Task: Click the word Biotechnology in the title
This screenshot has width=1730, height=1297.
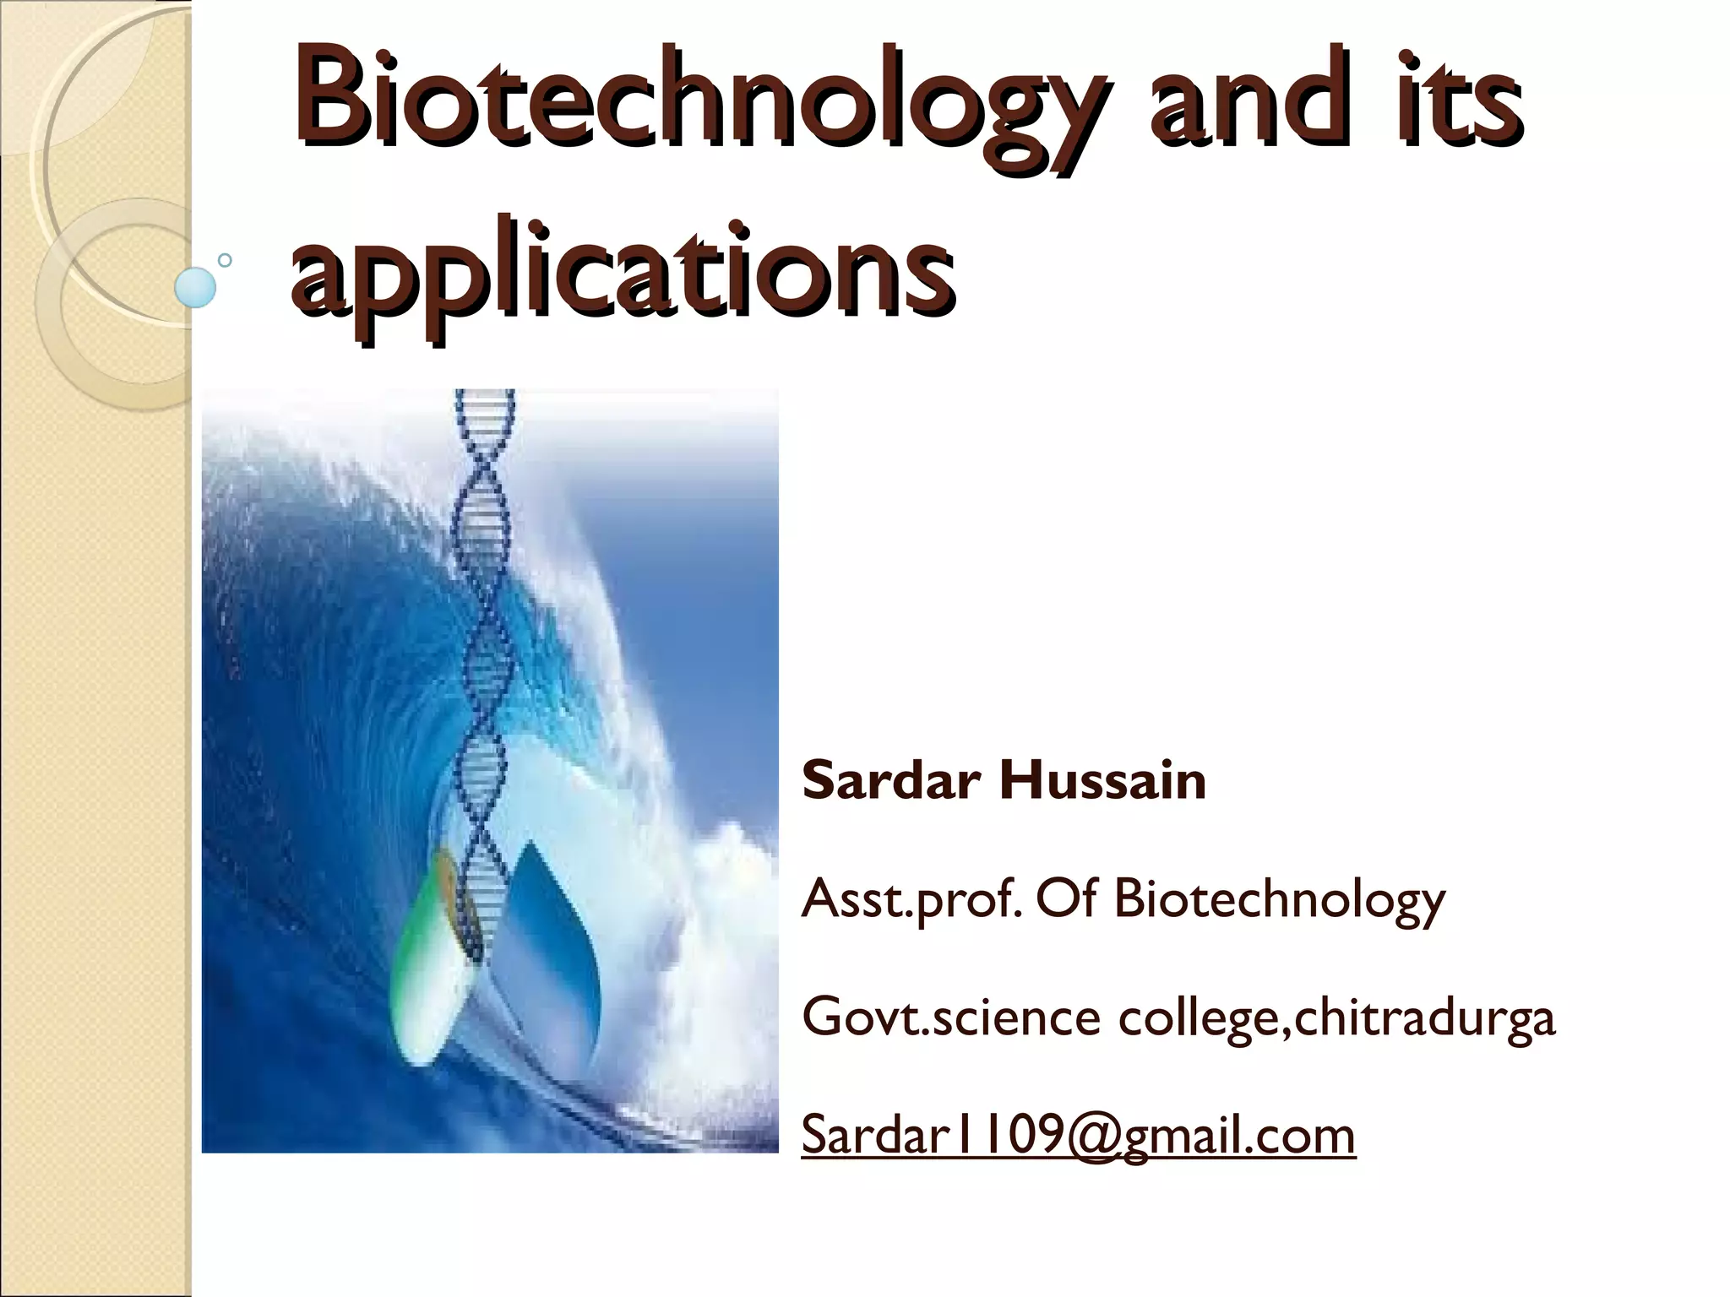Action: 693,106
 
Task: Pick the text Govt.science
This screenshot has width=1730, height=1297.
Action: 950,1017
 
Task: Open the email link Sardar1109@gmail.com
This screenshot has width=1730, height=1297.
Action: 1078,1136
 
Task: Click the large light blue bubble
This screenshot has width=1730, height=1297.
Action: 195,287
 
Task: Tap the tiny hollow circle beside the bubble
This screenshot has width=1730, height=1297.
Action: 225,260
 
